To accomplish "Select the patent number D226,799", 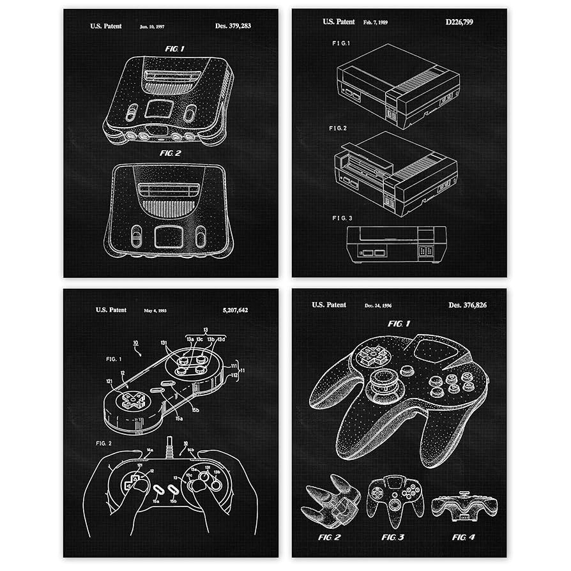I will click(x=459, y=22).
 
